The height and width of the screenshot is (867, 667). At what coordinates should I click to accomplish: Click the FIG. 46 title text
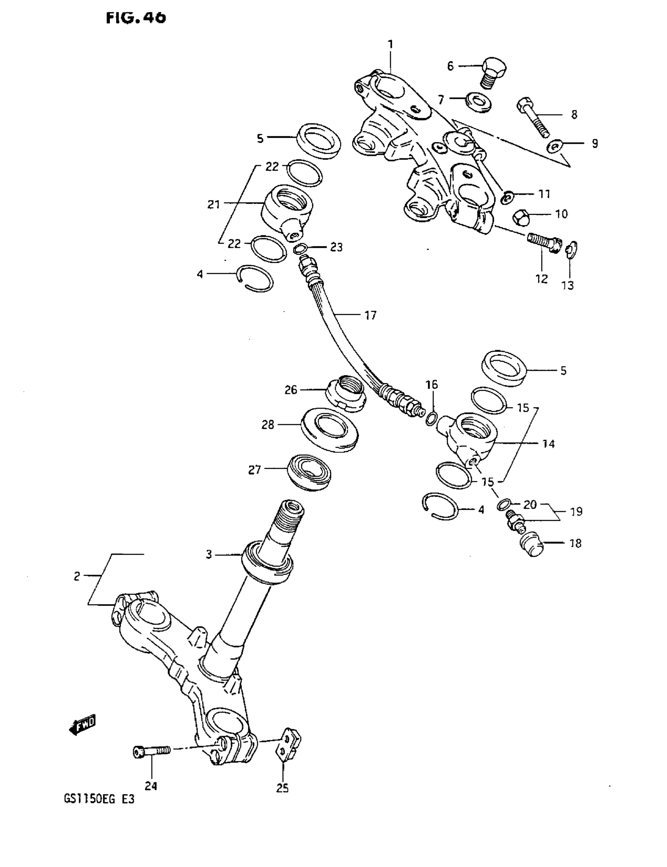click(x=136, y=18)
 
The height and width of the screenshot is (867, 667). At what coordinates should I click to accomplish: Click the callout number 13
click(x=567, y=285)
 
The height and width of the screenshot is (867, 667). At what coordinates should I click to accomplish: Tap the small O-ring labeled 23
click(x=300, y=249)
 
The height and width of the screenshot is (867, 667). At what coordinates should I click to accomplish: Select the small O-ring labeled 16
click(x=432, y=418)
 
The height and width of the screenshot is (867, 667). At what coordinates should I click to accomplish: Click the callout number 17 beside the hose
click(x=370, y=315)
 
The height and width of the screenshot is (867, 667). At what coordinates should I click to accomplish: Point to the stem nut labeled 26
click(x=345, y=393)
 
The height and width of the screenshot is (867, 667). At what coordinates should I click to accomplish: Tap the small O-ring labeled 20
click(x=503, y=504)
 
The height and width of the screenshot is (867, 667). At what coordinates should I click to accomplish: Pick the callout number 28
click(x=268, y=425)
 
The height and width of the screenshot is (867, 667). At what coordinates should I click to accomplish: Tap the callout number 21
click(x=214, y=204)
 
